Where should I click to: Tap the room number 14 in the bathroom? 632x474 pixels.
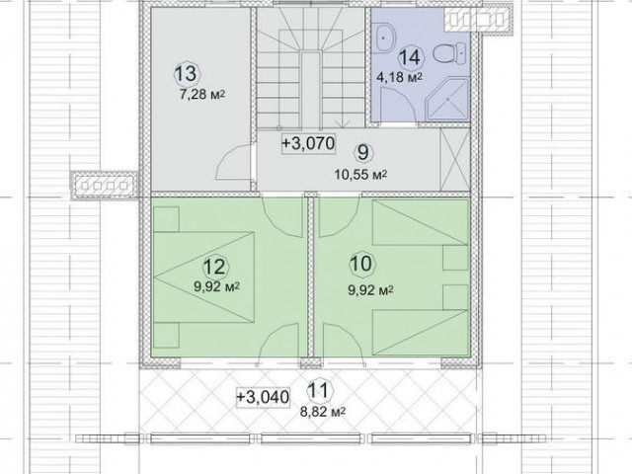411,57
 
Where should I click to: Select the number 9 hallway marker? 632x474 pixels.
363,153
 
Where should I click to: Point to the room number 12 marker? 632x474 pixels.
215,267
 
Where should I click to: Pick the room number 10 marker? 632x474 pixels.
362,264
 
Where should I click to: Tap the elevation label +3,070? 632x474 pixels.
309,143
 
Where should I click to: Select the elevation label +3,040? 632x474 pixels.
263,397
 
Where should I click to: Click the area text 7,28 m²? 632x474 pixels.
201,95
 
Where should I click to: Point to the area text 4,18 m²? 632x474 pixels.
399,77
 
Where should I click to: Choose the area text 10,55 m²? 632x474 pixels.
360,175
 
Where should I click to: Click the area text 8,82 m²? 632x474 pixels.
323,412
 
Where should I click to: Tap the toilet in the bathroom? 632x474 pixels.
450,52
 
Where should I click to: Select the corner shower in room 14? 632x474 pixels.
448,100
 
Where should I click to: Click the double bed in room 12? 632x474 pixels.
204,276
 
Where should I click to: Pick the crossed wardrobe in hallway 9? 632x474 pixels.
455,160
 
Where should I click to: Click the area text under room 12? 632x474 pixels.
217,287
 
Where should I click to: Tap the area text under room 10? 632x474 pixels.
371,289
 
